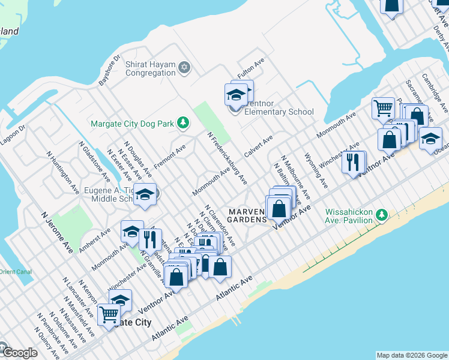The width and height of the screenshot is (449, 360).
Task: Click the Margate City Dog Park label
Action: click(x=133, y=124)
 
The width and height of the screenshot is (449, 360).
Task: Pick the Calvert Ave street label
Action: click(x=259, y=146)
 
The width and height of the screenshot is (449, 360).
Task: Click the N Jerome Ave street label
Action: click(x=57, y=231)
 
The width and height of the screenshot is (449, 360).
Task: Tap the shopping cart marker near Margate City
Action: click(x=109, y=314)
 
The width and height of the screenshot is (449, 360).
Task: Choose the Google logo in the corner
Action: click(x=19, y=353)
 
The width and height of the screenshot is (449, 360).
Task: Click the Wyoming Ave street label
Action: click(x=316, y=172)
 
